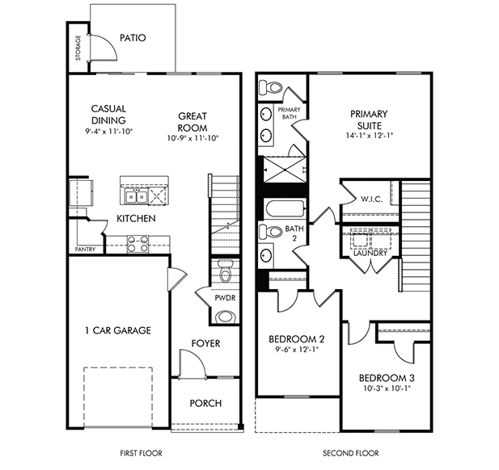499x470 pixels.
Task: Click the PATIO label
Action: point(133,38)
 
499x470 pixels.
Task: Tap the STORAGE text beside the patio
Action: point(78,48)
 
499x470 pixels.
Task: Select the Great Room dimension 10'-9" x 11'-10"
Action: point(192,138)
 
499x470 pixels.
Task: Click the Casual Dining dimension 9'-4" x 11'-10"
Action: point(109,131)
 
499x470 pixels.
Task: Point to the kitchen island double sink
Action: point(136,197)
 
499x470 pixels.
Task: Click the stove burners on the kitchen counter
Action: point(137,243)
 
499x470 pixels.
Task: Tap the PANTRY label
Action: point(85,250)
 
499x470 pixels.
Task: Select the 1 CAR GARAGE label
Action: point(118,330)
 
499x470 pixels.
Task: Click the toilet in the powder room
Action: point(226,271)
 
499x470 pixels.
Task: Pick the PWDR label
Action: point(225,298)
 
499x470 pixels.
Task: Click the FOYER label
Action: point(205,343)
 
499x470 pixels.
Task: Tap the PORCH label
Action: point(205,403)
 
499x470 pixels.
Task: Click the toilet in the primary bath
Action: point(271,87)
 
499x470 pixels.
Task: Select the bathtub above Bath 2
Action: point(285,208)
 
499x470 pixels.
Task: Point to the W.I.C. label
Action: point(371,199)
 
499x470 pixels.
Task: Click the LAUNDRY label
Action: point(370,254)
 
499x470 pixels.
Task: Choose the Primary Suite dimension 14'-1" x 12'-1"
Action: point(370,136)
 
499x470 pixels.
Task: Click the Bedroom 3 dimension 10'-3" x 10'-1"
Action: point(387,388)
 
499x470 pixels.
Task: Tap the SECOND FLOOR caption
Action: point(351,453)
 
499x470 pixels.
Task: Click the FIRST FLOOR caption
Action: point(141,453)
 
